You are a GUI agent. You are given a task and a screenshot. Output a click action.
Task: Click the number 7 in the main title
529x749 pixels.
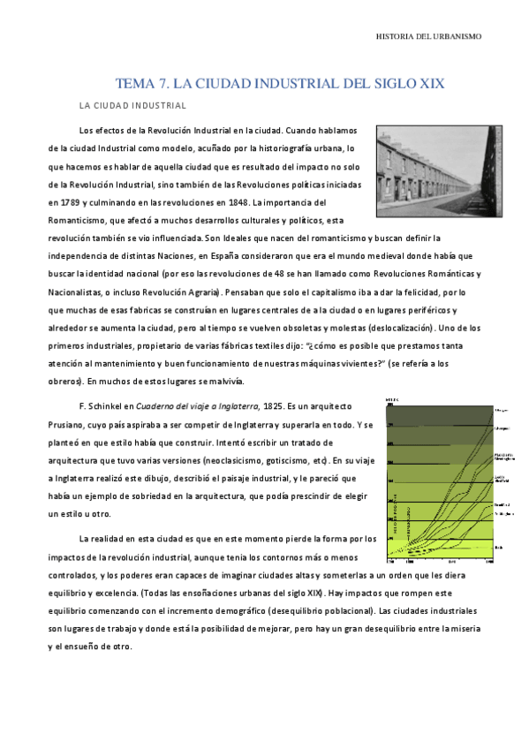click(x=162, y=84)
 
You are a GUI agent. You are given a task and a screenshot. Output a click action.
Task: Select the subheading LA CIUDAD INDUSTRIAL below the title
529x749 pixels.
click(x=132, y=106)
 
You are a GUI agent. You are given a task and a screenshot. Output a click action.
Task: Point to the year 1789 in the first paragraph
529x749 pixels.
click(x=62, y=201)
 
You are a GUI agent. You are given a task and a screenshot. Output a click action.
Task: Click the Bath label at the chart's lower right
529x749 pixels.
click(x=499, y=549)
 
